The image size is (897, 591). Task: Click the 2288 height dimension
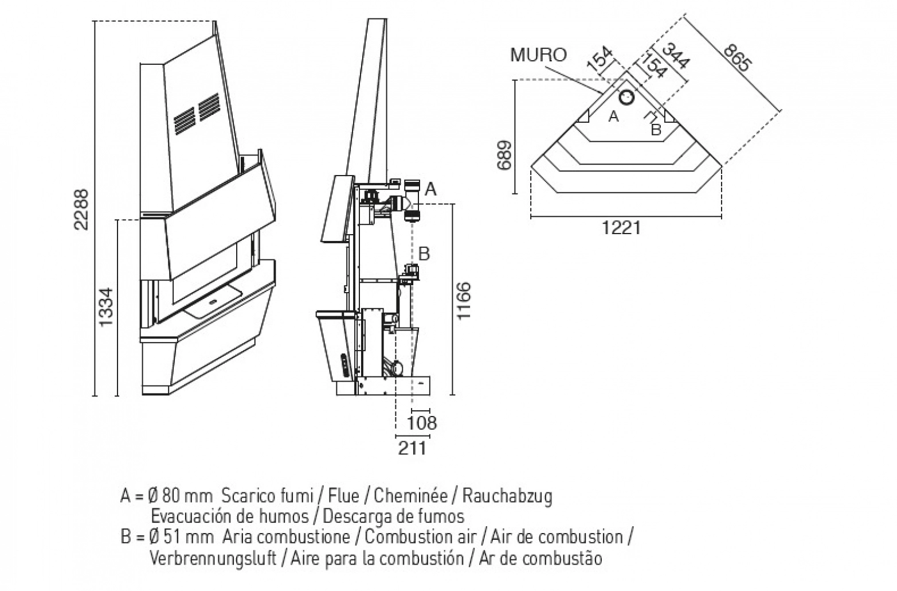81,209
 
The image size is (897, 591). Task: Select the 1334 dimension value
107,307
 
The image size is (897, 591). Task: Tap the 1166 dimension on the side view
464,301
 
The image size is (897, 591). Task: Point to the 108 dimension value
422,423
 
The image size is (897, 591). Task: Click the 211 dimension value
412,448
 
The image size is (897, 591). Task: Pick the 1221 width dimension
621,228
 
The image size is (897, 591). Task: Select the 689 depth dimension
504,155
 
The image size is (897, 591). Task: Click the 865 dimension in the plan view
738,58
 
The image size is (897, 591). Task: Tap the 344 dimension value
676,56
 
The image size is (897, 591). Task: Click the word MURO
539,55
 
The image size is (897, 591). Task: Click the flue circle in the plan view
626,97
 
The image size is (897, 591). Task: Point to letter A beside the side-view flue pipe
430,188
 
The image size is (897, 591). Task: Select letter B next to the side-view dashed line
424,254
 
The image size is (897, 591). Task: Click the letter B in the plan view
656,130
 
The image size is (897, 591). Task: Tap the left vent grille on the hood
185,120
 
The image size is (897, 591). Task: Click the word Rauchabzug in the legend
507,496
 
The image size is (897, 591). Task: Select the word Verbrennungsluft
213,558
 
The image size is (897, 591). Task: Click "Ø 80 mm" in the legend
180,496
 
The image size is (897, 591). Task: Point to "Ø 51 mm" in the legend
181,537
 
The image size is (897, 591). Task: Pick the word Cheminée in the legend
411,496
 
